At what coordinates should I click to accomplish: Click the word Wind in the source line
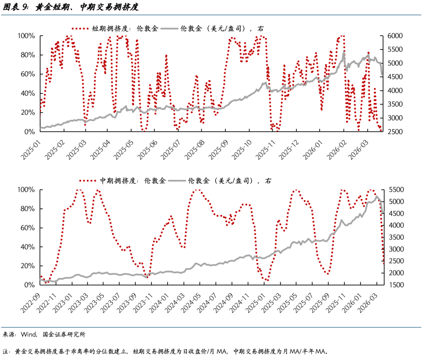point(28,334)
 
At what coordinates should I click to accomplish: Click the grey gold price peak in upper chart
point(344,52)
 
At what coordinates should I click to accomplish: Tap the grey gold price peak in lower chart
point(377,196)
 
